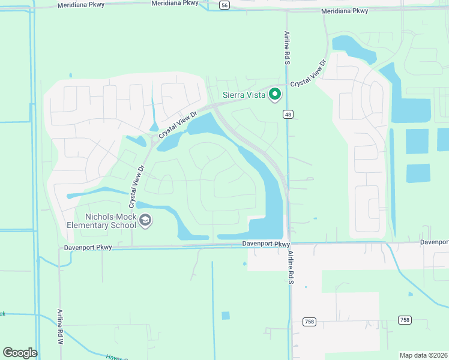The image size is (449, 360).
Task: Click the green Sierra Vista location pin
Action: [x=275, y=94]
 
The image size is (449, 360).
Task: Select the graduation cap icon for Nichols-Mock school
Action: [x=145, y=221]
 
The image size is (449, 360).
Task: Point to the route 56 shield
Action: [x=224, y=4]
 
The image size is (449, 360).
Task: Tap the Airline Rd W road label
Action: [x=61, y=326]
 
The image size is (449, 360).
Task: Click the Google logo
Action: [x=20, y=353]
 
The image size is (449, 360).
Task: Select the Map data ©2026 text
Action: [x=423, y=355]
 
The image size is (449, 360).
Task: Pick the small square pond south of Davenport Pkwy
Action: [x=225, y=316]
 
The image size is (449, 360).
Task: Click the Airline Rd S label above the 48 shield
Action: [x=287, y=47]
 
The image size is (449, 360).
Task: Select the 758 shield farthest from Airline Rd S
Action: [x=405, y=320]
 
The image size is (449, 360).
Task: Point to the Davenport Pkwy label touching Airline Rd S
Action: [x=267, y=244]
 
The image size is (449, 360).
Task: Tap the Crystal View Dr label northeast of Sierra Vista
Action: [x=308, y=73]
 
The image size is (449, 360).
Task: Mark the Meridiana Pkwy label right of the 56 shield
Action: [x=345, y=11]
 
